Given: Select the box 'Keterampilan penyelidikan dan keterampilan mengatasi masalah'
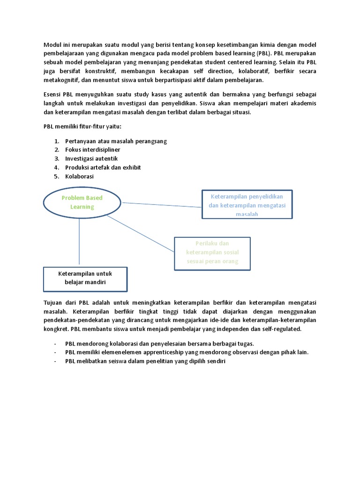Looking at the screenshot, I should tap(247, 204).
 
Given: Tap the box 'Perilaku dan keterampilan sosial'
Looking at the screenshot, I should tap(212, 253).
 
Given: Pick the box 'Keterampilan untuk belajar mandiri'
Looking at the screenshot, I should tap(85, 278).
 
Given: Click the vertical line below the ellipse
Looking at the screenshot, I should tap(79, 242).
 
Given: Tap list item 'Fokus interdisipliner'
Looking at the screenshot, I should tap(93, 150).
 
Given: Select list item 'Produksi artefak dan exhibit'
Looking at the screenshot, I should tap(103, 167).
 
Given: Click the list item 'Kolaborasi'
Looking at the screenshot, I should tap(79, 176).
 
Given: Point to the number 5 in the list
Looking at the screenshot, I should tap(56, 176).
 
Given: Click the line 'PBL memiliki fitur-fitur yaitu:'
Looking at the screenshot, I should tap(79, 127).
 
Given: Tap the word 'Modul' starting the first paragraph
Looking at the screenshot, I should tap(52, 45).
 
